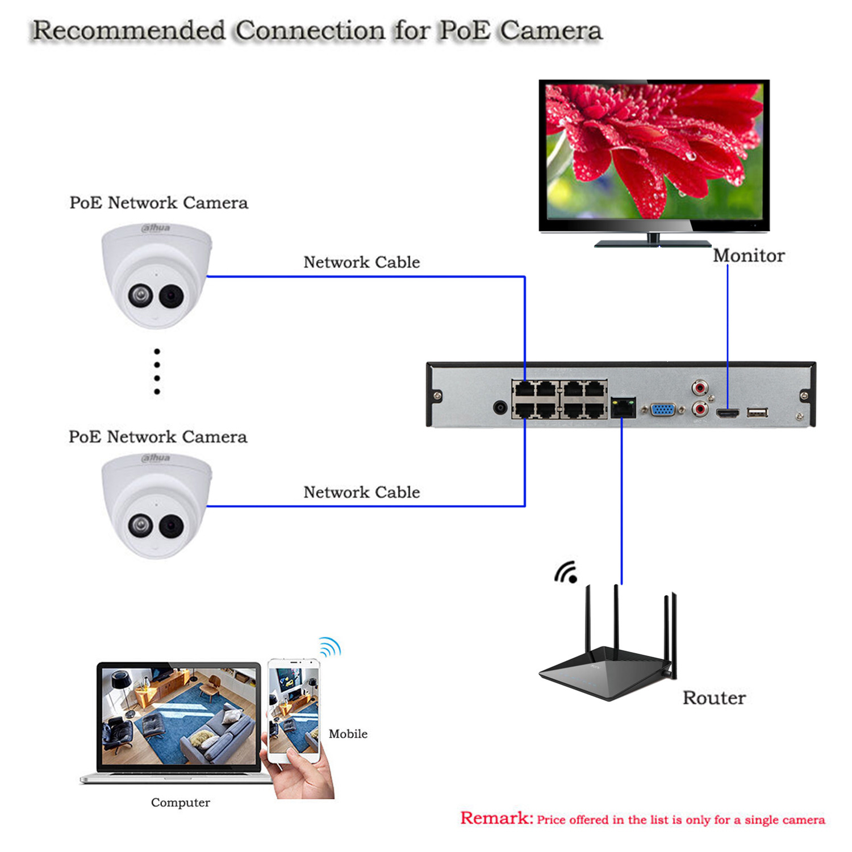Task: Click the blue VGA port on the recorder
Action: click(663, 409)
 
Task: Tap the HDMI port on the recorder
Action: click(728, 413)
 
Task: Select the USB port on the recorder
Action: click(757, 412)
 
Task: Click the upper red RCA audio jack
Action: click(700, 389)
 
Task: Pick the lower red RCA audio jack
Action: click(700, 408)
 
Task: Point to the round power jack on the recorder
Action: click(500, 407)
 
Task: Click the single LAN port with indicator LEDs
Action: click(623, 407)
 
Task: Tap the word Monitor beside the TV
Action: click(749, 256)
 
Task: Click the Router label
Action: click(714, 698)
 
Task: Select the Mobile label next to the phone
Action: click(348, 734)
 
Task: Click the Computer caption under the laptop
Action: click(180, 803)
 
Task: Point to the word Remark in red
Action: click(496, 818)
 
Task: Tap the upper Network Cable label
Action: click(361, 262)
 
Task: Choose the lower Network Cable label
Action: click(361, 492)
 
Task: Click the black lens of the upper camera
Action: click(170, 295)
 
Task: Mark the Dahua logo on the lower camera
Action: click(156, 458)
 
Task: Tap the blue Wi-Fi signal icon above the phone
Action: click(330, 647)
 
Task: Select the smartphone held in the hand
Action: click(294, 710)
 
